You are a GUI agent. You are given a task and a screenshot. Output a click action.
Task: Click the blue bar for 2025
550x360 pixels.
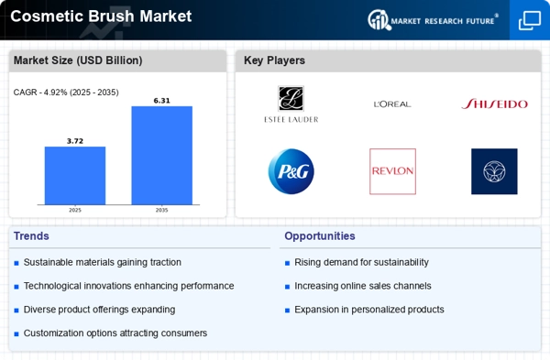pos(75,175)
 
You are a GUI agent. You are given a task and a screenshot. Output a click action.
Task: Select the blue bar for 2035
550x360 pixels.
pos(161,156)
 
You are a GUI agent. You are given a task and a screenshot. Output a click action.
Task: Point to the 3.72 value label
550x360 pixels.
pos(75,141)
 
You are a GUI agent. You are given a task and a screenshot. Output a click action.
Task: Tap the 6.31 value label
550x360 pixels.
pos(161,101)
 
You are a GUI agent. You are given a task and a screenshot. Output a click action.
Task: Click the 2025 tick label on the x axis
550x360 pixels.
pos(75,210)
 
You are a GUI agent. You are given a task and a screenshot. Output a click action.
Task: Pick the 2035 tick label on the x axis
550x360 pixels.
pos(161,210)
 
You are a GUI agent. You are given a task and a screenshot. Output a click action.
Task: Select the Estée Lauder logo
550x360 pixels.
pos(291,104)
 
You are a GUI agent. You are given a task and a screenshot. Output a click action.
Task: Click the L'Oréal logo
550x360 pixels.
pos(392,104)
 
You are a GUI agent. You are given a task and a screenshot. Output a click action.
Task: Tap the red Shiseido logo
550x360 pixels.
pos(495,104)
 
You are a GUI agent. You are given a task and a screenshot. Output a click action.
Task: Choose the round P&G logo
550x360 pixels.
pos(291,171)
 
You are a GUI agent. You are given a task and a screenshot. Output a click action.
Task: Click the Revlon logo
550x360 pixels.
pos(392,171)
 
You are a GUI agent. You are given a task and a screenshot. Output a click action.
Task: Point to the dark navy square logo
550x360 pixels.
pos(494,171)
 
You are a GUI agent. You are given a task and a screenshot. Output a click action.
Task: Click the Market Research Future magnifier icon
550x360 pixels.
pos(379,19)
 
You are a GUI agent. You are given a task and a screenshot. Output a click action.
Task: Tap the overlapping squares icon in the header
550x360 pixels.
pos(530,20)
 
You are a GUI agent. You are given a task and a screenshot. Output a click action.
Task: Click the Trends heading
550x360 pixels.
pos(31,236)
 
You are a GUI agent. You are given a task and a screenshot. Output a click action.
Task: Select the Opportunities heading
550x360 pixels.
pos(320,236)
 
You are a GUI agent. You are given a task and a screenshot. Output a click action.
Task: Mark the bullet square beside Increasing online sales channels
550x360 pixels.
pos(287,287)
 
